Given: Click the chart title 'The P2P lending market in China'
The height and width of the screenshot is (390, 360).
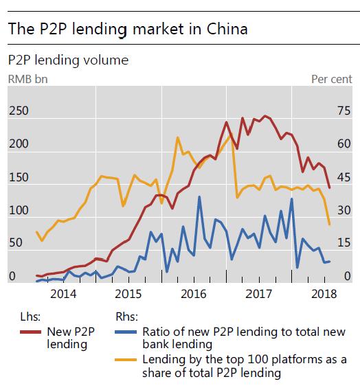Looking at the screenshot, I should click(127, 30).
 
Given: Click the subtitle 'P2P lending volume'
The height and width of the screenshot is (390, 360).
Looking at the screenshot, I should click(67, 60).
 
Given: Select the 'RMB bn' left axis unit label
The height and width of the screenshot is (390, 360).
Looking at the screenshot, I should click(27, 79).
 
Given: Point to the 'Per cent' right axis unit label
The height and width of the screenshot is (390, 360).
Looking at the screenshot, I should click(333, 79).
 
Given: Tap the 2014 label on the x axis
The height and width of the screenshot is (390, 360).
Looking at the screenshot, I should click(63, 295).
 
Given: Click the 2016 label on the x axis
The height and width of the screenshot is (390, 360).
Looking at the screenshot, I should click(194, 295).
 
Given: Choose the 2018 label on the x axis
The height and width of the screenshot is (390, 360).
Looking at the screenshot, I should click(323, 295).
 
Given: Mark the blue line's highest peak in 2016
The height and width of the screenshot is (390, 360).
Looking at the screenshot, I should click(199, 197).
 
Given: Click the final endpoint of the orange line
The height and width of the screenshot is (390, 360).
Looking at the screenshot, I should click(330, 225).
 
